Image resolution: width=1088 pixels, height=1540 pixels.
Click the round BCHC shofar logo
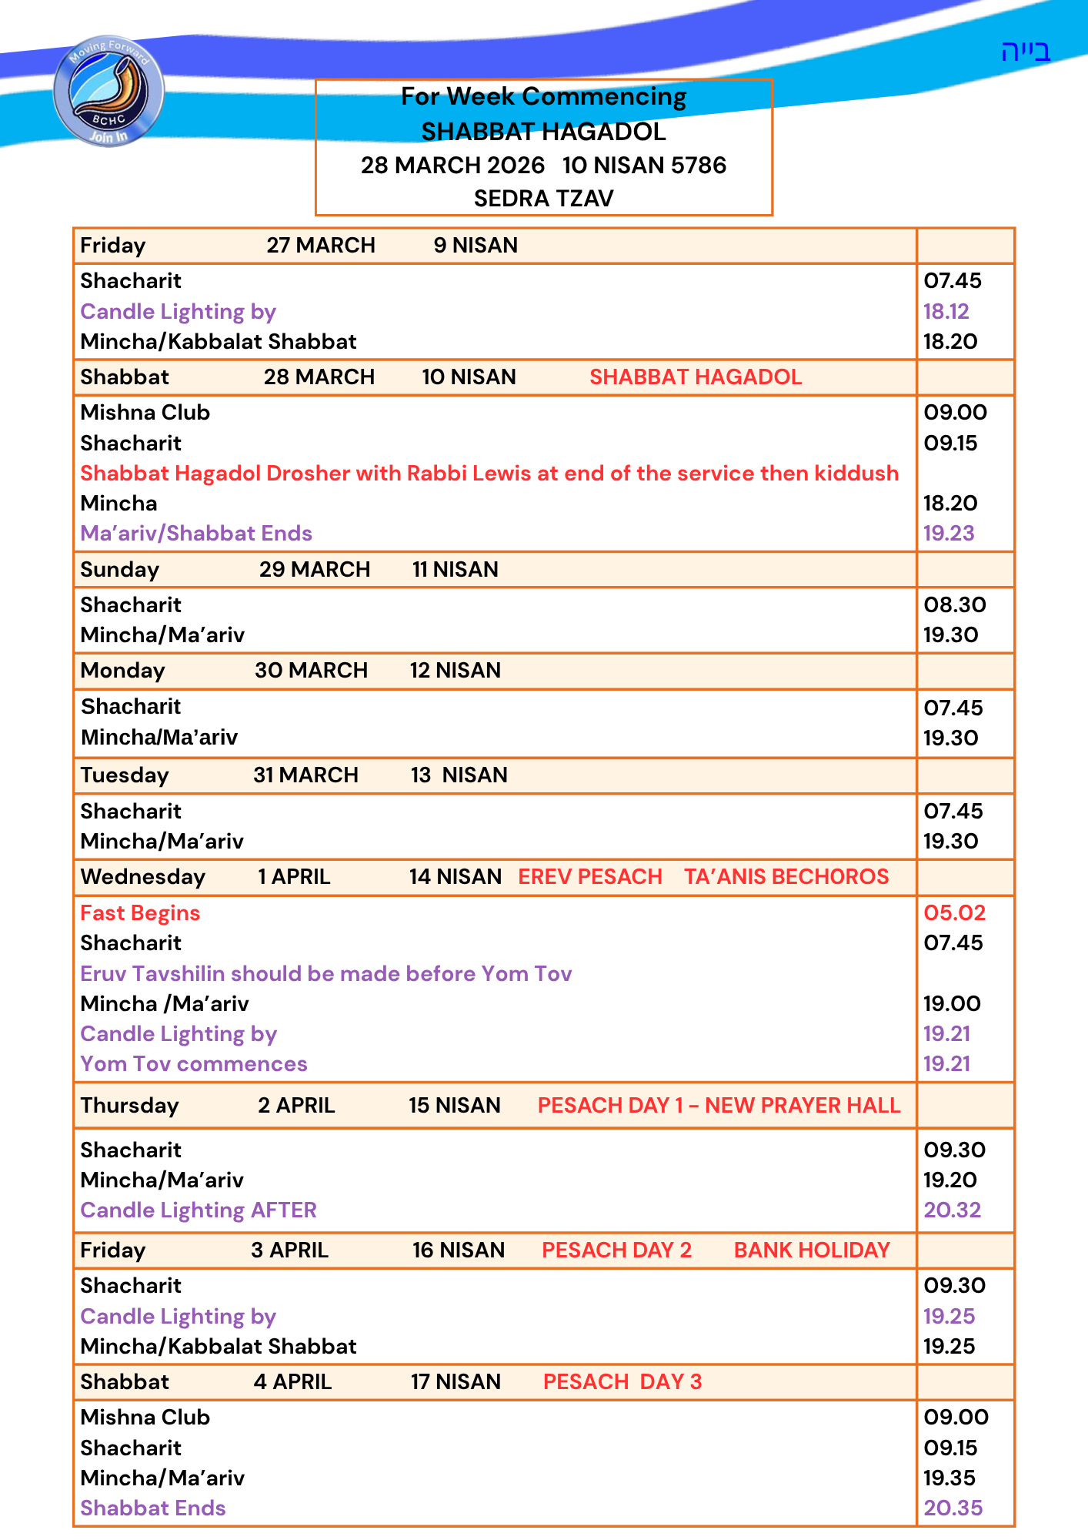click(x=108, y=91)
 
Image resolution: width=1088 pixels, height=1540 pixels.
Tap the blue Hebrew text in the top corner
click(x=1025, y=52)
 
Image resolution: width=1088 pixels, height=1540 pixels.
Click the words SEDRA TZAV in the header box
click(x=543, y=199)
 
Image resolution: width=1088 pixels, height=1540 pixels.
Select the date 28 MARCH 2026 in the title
click(x=452, y=166)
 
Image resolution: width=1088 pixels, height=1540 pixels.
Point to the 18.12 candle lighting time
click(x=946, y=311)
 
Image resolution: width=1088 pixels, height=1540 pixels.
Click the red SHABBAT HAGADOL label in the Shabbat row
click(x=696, y=377)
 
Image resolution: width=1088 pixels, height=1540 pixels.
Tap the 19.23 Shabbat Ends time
click(x=948, y=533)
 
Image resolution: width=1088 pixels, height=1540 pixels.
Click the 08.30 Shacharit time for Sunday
click(x=954, y=604)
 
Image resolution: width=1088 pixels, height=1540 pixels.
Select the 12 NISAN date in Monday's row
click(x=455, y=670)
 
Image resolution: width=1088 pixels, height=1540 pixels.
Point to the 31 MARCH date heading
click(x=305, y=775)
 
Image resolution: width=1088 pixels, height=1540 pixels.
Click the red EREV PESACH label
click(x=590, y=876)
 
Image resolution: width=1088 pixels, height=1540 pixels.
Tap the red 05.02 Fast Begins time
click(x=954, y=912)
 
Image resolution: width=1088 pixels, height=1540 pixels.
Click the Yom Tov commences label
click(x=194, y=1063)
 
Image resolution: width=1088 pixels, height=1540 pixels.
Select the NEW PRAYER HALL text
click(x=803, y=1105)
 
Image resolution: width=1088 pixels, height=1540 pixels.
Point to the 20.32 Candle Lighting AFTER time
click(x=952, y=1210)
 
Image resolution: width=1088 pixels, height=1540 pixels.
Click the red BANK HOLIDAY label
click(x=812, y=1250)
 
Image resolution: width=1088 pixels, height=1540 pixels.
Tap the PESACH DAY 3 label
click(x=622, y=1381)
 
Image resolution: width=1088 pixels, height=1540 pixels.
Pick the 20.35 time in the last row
click(x=953, y=1508)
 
